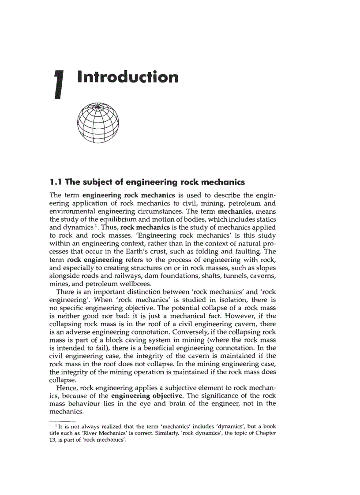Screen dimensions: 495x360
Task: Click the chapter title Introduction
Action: pos(128,77)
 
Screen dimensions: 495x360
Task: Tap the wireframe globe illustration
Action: pos(98,123)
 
